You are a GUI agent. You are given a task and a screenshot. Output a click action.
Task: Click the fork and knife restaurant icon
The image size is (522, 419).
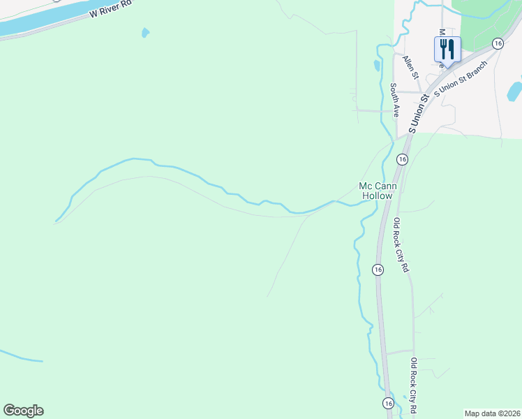coord(447,49)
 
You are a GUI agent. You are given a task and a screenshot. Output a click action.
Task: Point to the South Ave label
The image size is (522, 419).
coord(394,100)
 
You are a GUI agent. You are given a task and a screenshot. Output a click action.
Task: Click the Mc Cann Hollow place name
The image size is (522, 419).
coord(376,191)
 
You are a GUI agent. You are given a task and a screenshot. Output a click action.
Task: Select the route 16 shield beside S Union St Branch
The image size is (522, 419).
coord(497,43)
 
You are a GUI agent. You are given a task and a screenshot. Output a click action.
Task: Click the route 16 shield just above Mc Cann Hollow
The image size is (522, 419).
coord(402,159)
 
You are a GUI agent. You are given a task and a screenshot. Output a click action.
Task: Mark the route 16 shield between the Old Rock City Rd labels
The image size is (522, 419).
coord(378,270)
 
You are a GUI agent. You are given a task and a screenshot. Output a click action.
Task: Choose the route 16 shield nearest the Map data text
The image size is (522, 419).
coord(388,403)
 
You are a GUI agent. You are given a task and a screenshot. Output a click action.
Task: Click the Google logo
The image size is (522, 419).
coord(23,411)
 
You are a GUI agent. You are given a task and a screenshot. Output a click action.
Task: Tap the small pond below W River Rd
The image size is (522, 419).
coord(145,32)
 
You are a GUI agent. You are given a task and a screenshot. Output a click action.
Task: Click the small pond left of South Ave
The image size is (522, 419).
coord(377,66)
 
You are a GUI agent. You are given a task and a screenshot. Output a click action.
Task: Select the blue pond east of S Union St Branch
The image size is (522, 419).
coord(515,91)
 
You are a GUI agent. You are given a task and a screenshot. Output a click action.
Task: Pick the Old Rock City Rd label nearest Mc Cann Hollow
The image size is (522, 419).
coord(401,245)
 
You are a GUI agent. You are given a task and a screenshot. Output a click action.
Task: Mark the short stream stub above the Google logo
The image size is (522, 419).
coord(21,356)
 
